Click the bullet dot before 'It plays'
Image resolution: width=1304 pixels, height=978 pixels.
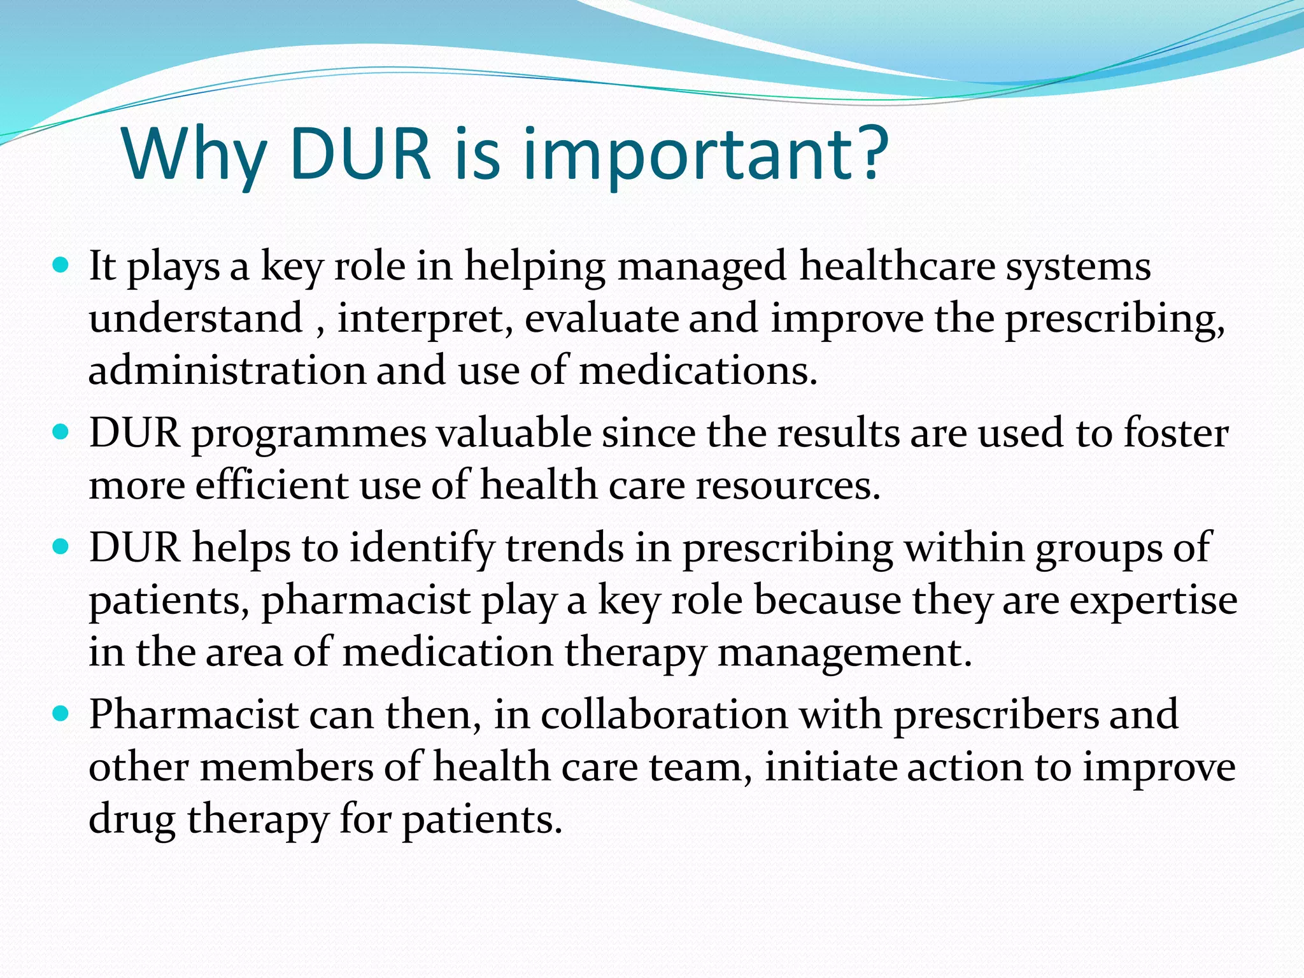[x=61, y=265]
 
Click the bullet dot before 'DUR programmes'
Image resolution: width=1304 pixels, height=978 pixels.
[x=61, y=433]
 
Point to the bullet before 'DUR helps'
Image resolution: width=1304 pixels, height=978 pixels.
[x=61, y=547]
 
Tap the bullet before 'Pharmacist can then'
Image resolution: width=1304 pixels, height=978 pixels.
[x=61, y=714]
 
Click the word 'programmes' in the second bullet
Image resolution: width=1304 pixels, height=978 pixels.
[x=309, y=434]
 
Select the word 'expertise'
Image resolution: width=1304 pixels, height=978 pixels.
[x=1153, y=600]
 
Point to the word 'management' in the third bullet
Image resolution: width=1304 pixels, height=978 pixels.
[x=844, y=653]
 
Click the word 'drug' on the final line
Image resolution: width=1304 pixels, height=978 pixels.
[x=131, y=820]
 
